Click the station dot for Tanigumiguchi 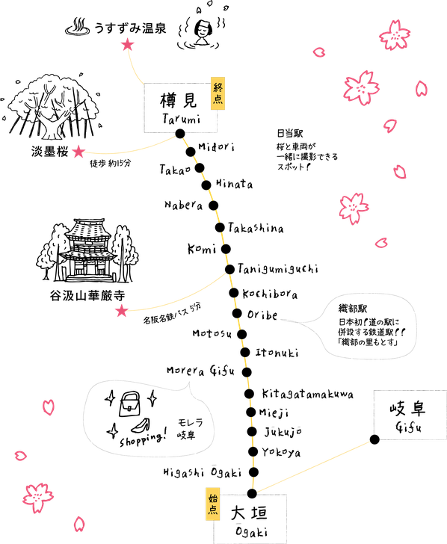click(x=229, y=269)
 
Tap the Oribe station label click(x=262, y=315)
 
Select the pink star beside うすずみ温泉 click(x=128, y=45)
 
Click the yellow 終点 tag click(x=218, y=93)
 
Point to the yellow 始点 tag click(x=213, y=504)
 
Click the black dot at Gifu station click(x=374, y=439)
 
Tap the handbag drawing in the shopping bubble click(x=130, y=404)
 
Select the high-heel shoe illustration click(x=141, y=425)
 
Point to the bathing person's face click(x=203, y=28)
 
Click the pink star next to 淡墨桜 click(x=78, y=151)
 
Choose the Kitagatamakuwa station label click(x=307, y=395)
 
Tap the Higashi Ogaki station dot click(x=253, y=472)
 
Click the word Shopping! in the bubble click(x=144, y=438)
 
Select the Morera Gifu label click(x=200, y=371)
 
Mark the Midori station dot click(x=191, y=152)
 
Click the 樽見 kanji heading click(x=179, y=101)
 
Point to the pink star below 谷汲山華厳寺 click(x=121, y=311)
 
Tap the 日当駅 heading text click(x=290, y=133)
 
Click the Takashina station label click(x=256, y=228)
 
